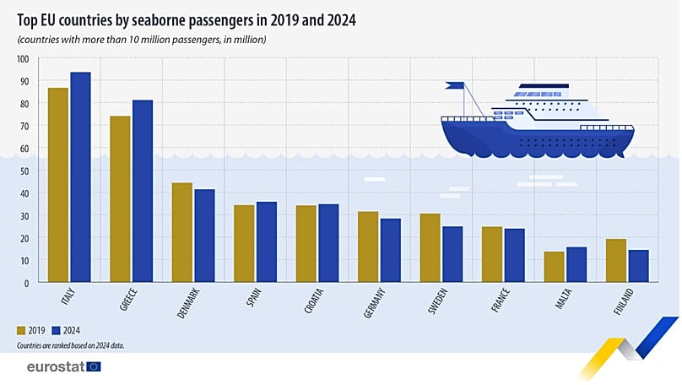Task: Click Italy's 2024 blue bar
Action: point(80,176)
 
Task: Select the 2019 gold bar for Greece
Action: point(120,198)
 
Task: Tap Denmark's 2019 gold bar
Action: point(181,232)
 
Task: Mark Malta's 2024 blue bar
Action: point(576,264)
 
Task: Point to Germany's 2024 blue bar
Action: point(390,250)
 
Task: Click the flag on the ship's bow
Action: point(455,85)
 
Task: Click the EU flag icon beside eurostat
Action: point(93,366)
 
